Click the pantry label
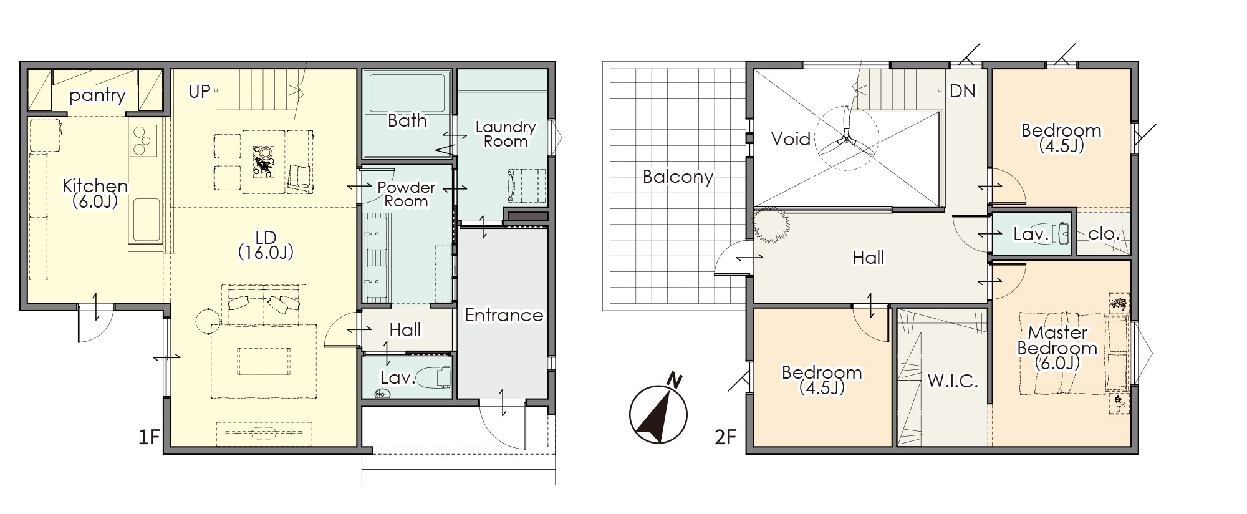point(97,95)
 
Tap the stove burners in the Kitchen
point(143,140)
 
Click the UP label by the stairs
point(200,92)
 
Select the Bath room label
point(407,120)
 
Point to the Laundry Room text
point(506,134)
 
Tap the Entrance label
point(504,315)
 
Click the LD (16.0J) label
point(266,245)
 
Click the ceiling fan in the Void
point(846,138)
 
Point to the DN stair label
point(962,91)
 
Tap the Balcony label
point(678,177)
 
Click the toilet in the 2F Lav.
point(1061,233)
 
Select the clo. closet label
point(1104,234)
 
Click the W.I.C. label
point(953,381)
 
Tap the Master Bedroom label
point(1057,347)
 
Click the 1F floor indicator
point(149,437)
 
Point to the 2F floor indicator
point(726,437)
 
